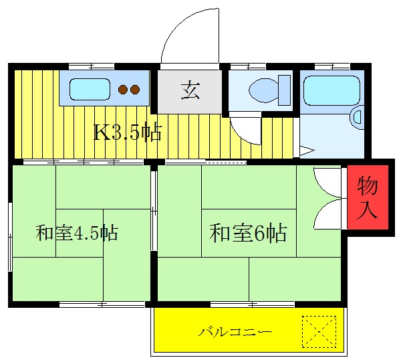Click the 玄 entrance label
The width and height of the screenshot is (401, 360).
pos(190,90)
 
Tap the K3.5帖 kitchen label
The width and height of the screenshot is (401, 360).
pos(126,132)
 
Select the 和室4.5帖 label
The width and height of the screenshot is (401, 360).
pos(77,234)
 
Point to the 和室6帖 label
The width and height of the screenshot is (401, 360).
pos(249,234)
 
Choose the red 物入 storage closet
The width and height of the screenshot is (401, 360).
pos(367,197)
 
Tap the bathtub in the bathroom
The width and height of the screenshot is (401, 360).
pos(331,90)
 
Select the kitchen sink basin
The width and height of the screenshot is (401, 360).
pos(89,89)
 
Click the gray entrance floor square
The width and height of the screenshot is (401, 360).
pos(190,90)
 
